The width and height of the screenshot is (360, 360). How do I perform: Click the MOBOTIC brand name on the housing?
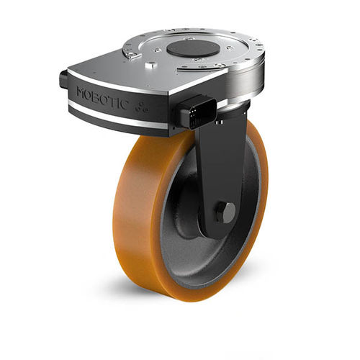(x=102, y=99)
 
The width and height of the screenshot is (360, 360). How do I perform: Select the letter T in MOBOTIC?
(x=112, y=101)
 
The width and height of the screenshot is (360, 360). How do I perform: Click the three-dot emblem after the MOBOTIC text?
(x=140, y=108)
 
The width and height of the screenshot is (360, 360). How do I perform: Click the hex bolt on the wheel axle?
(x=225, y=212)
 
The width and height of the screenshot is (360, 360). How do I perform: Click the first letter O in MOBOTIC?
(x=89, y=96)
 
